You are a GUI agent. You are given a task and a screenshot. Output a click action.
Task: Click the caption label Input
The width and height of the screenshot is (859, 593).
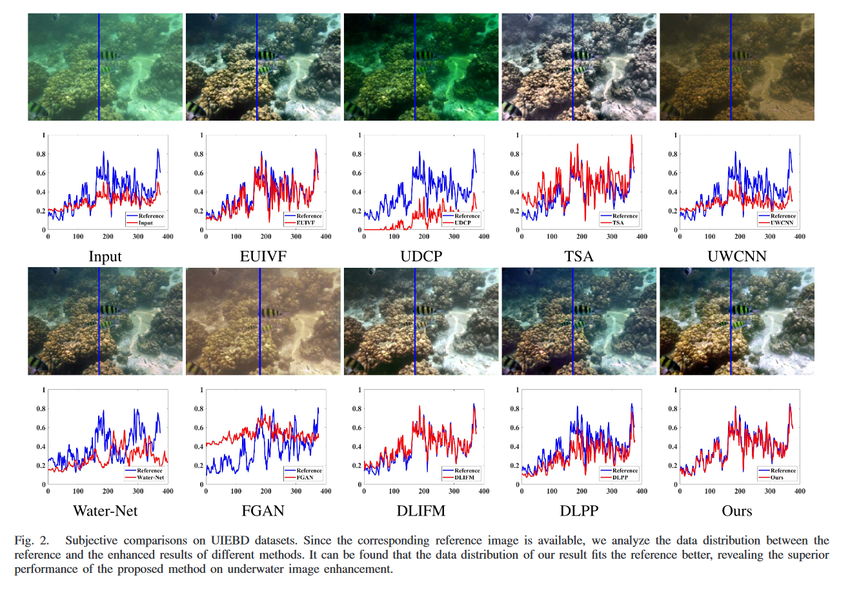[105, 257]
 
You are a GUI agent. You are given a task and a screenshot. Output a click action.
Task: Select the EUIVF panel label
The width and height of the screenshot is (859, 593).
[263, 257]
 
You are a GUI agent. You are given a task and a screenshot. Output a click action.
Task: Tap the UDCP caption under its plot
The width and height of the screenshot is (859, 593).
[421, 257]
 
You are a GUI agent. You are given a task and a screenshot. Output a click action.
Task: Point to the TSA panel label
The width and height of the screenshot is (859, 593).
[579, 257]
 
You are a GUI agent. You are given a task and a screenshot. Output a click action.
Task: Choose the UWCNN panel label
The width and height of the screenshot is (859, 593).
[736, 257]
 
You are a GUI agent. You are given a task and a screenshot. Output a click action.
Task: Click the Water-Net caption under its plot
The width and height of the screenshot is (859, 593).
[105, 511]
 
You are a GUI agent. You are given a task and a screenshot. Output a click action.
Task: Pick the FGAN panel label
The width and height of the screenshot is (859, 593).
[263, 511]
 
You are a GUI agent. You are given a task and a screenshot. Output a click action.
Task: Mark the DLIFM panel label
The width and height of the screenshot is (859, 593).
[421, 511]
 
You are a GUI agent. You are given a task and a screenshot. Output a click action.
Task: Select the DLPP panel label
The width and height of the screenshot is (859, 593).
[579, 511]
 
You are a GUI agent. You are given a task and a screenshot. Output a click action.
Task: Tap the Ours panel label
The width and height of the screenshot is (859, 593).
[736, 511]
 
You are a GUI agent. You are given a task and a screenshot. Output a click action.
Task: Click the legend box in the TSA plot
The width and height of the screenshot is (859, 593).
[619, 219]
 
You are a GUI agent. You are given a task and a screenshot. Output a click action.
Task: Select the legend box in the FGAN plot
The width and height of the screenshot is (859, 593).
[303, 474]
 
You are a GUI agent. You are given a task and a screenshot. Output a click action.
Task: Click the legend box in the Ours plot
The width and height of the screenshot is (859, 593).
[777, 474]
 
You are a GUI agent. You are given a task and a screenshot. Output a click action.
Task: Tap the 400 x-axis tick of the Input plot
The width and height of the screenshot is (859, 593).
[168, 237]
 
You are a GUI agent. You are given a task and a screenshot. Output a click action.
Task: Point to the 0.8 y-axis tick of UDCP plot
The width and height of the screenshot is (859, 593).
[356, 154]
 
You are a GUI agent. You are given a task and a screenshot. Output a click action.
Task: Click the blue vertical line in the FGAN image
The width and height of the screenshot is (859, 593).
[259, 321]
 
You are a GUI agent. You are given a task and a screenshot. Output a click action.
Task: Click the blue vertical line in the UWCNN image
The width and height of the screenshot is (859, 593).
[731, 67]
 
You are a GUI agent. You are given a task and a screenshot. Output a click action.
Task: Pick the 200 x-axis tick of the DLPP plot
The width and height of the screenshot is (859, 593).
[582, 491]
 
